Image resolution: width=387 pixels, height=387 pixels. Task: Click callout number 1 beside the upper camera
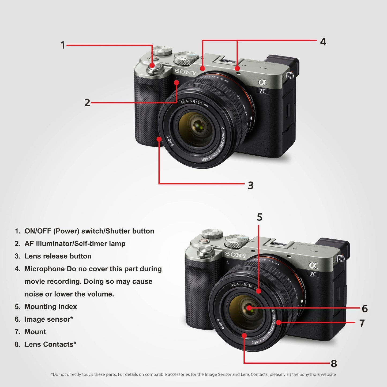click(63, 45)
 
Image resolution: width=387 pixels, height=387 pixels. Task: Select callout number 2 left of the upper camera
click(87, 103)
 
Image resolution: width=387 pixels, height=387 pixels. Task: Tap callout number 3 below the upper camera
click(250, 185)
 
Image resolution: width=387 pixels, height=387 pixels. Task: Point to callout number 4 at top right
click(323, 42)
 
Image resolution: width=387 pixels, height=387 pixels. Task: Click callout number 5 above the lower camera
click(259, 217)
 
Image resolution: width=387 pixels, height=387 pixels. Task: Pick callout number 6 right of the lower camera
click(365, 309)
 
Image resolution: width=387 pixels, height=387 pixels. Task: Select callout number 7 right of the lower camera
click(362, 323)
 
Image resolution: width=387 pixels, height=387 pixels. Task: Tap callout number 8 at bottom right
click(334, 364)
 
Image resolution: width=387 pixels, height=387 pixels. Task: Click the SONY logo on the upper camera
click(185, 72)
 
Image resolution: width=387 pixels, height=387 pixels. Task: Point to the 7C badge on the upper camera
click(262, 91)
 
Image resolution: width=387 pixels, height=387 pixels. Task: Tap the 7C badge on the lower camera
click(313, 274)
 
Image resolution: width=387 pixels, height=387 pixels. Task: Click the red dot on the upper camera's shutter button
click(152, 66)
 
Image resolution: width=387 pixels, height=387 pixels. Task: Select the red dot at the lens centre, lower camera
click(249, 308)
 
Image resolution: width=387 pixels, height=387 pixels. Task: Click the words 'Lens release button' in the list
click(58, 256)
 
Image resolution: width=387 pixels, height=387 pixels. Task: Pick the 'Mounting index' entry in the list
click(51, 307)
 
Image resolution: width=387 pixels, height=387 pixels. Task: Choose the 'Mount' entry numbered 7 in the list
click(35, 332)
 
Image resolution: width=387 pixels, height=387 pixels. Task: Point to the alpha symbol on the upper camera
click(262, 82)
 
